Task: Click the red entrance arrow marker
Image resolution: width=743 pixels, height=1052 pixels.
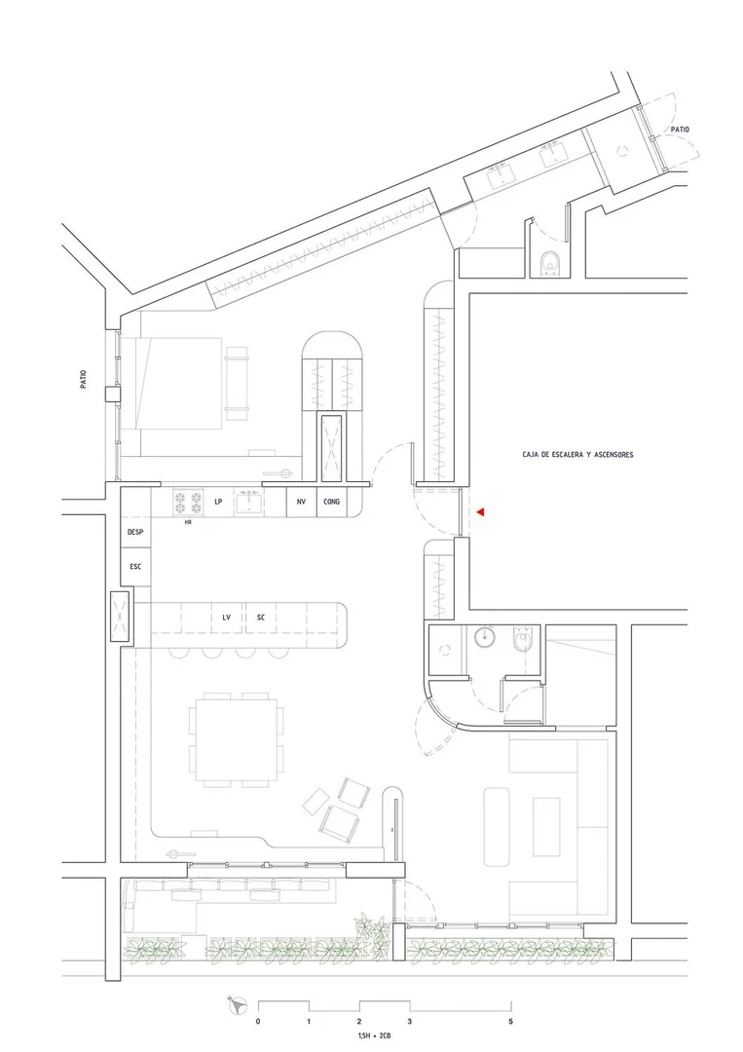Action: point(480,512)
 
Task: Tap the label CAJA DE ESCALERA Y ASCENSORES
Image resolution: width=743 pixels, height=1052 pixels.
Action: point(577,455)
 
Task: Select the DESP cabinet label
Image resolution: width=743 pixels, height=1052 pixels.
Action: point(135,532)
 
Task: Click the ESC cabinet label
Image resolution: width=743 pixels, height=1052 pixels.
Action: point(135,567)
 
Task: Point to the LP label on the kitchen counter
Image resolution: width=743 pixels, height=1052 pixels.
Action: point(218,502)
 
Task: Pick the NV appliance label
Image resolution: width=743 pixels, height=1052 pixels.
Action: point(301,502)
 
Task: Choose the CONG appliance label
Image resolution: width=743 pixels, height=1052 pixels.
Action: point(331,502)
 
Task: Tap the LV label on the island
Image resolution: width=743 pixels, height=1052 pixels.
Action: point(227,618)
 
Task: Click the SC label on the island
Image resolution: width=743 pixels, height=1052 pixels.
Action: point(261,618)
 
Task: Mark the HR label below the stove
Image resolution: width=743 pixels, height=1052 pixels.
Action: point(188,522)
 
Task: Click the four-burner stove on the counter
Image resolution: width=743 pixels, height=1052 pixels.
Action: point(189,503)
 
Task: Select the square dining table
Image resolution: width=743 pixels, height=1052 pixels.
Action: point(236,739)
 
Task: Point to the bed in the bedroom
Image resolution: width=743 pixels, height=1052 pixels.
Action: point(179,383)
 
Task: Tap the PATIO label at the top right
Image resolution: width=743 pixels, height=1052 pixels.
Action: point(680,130)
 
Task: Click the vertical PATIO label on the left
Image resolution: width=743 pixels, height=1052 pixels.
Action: point(84,380)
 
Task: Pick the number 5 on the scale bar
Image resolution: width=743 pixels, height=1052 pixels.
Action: point(511,1022)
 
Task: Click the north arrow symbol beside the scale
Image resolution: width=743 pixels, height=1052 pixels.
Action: point(238,1003)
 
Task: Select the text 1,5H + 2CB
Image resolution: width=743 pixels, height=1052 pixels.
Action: point(374,1036)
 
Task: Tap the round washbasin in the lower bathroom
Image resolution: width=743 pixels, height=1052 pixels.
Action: point(484,637)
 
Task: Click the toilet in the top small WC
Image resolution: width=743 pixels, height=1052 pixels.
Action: point(551,262)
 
